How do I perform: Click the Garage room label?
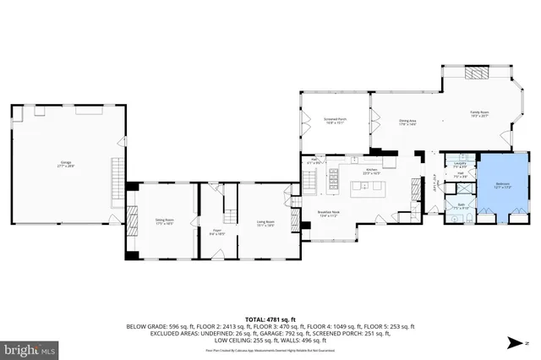tap(66, 166)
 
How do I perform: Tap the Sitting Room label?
tap(164, 223)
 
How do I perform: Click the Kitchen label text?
tap(369, 170)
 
